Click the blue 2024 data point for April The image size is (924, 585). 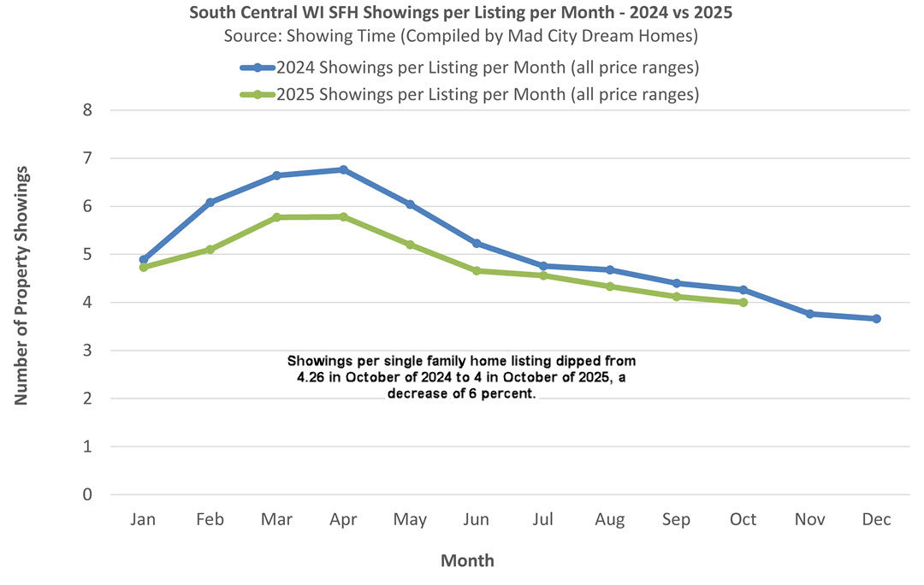tap(343, 169)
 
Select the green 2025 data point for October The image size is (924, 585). tap(743, 302)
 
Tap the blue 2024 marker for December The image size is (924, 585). tap(876, 318)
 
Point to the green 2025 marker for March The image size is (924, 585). tap(276, 217)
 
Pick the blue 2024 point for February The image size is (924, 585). tap(210, 202)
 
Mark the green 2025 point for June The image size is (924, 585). tap(477, 270)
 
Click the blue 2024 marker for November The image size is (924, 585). tap(809, 314)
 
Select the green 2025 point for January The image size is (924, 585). tap(144, 267)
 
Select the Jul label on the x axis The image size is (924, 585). tap(543, 520)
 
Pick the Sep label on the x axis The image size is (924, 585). tap(676, 520)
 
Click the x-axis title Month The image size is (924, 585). tap(467, 561)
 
